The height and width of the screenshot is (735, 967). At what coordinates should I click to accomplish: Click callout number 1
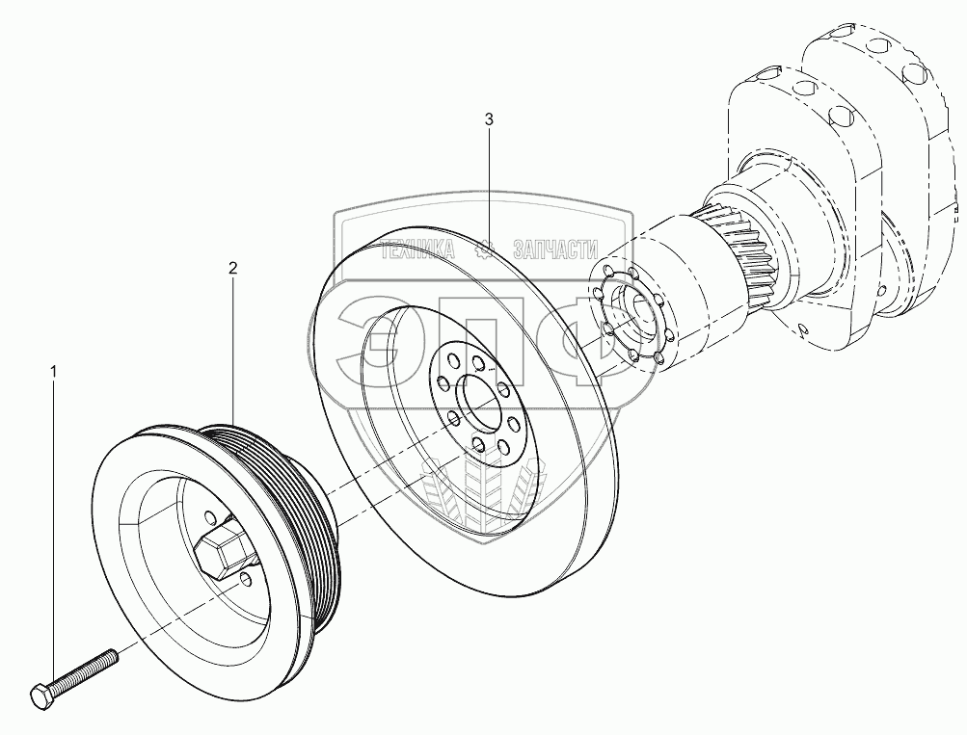tap(54, 370)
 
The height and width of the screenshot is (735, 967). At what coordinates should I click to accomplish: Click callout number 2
tap(232, 268)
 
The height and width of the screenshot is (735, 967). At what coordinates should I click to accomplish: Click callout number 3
tap(489, 119)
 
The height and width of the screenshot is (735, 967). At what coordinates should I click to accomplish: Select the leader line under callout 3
tap(489, 183)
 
